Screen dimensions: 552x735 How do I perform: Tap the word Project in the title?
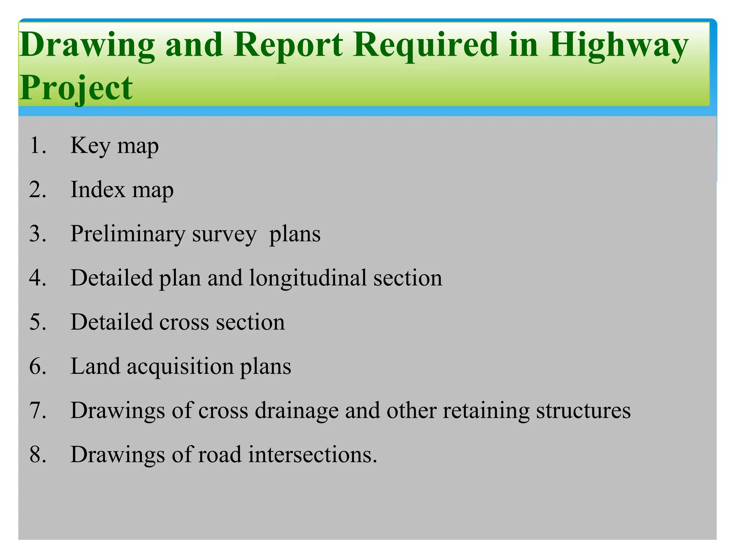[76, 88]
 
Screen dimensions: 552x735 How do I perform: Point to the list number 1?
[37, 146]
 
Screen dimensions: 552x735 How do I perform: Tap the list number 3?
[37, 234]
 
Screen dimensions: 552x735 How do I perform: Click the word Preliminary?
[127, 234]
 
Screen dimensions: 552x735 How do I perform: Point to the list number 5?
[37, 322]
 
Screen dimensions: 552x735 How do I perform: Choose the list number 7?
[37, 410]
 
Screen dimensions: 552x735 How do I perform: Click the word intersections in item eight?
[313, 455]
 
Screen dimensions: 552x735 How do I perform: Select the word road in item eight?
[220, 455]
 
